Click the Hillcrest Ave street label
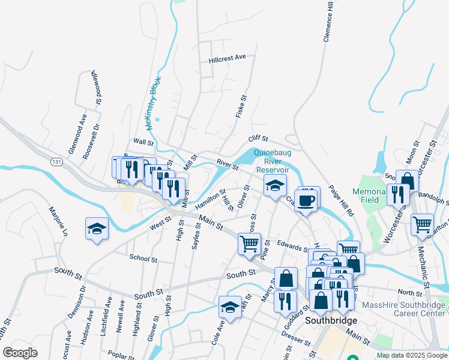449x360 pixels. point(228,58)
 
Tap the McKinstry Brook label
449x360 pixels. point(153,103)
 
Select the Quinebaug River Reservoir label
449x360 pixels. point(276,161)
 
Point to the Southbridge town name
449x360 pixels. point(331,321)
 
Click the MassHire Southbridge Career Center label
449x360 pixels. point(405,310)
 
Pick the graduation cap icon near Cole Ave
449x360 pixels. point(230,308)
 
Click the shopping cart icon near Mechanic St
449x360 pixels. point(422,224)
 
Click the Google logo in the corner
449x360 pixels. point(20,353)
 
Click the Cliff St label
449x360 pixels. point(258,139)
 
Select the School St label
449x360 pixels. point(143,258)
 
